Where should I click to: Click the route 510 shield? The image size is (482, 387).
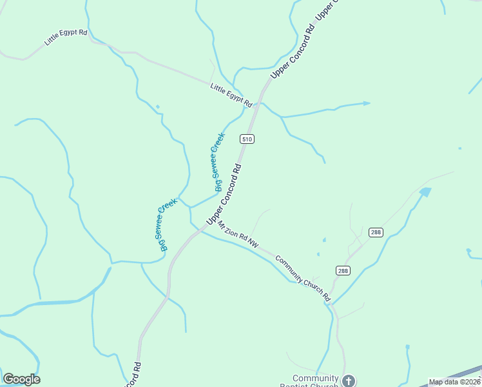(x=247, y=139)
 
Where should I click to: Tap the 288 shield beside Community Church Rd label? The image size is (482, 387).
(x=343, y=271)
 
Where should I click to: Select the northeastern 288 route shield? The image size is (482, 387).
(x=376, y=232)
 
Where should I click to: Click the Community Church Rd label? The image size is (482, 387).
(x=302, y=279)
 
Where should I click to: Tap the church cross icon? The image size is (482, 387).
(x=349, y=381)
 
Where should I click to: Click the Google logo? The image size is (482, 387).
(x=22, y=379)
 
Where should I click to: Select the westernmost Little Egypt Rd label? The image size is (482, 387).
(x=66, y=37)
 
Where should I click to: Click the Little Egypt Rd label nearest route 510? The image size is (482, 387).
(x=231, y=94)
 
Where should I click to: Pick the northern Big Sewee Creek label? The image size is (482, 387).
(x=219, y=162)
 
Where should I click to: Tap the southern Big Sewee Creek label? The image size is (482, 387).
(x=165, y=225)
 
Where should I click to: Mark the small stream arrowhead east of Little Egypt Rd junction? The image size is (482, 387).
(x=367, y=103)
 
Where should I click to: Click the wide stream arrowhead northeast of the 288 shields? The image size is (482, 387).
(x=425, y=192)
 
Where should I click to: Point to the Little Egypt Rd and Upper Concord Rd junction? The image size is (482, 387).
(x=260, y=102)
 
